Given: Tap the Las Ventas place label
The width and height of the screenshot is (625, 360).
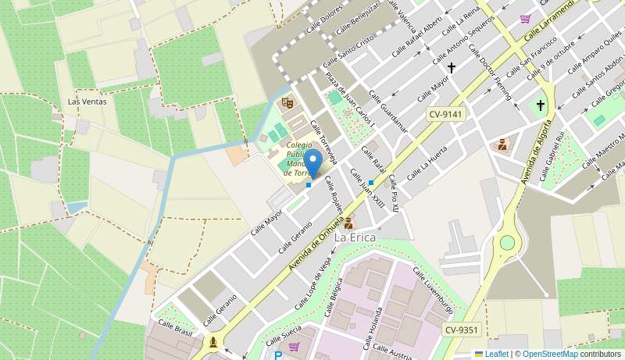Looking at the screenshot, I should coord(87,102).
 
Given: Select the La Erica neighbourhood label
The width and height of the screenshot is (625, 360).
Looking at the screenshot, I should coord(355,237).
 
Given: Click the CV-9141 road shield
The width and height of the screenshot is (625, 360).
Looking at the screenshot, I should coord(445,114).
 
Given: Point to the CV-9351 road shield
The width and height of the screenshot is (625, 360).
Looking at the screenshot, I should coord(461,330).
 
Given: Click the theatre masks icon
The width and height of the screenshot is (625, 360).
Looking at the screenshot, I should coord(287,102).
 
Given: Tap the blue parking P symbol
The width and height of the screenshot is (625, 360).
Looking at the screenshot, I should coord(278,355).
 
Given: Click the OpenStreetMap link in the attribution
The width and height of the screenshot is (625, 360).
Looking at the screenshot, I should coord(550,354).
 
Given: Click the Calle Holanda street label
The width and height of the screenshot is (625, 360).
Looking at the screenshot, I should coord(377,328).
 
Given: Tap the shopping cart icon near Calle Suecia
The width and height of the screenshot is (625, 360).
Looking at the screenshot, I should coord(294,346).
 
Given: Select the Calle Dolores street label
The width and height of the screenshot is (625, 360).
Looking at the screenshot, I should coord(324,20).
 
